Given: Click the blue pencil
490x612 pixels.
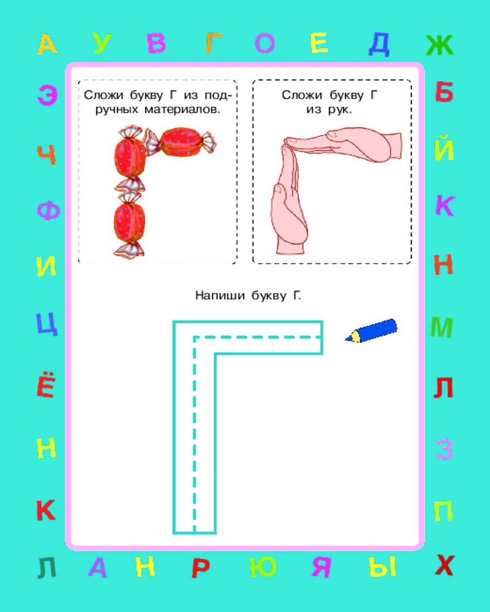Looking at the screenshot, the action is click(371, 331).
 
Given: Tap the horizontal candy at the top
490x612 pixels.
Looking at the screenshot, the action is click(180, 142).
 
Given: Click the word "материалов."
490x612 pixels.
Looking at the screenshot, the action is click(182, 110).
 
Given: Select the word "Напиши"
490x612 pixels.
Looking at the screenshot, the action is click(220, 296).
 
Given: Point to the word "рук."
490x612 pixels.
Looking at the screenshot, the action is click(340, 110).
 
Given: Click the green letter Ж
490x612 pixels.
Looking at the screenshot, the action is click(440, 45).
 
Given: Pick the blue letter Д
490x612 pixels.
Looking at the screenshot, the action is click(379, 44).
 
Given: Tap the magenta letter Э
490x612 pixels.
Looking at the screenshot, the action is click(48, 95).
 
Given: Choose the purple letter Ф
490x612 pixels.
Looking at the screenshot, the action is click(48, 211).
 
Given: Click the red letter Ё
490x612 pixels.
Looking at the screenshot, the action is click(47, 384).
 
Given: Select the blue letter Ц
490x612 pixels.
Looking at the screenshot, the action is click(47, 324).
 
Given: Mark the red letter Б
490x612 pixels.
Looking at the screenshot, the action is click(444, 92).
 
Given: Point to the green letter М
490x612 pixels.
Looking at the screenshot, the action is click(442, 327).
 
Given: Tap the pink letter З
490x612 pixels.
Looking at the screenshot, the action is click(445, 449).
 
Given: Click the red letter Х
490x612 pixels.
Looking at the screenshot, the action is click(445, 565).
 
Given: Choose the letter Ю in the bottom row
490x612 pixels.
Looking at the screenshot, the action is click(263, 567).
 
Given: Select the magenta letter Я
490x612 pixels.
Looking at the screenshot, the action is click(322, 567).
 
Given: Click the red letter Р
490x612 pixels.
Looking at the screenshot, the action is click(201, 568).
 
